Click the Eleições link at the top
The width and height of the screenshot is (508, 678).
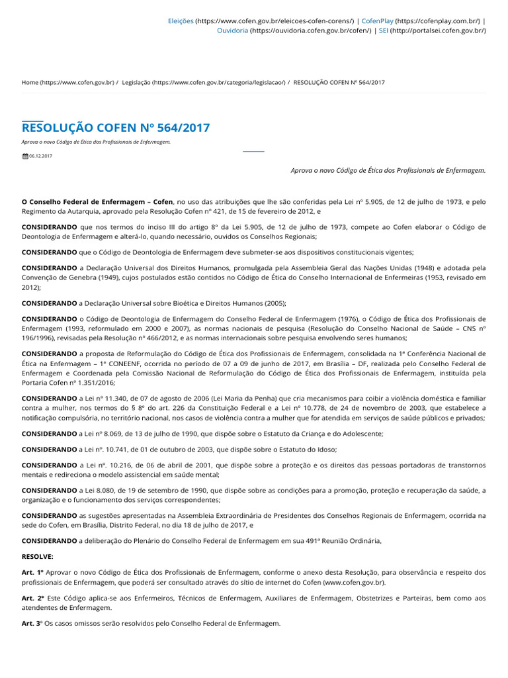181,21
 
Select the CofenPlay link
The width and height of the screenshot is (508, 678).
377,21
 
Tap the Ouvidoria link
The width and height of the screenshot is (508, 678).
233,30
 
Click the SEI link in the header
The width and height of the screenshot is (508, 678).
383,30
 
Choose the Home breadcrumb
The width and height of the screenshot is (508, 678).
30,82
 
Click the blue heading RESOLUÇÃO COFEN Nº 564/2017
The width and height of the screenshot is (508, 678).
116,128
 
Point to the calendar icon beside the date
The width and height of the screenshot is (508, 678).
25,156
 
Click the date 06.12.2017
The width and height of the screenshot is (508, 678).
40,156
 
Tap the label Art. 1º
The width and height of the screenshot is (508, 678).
32,572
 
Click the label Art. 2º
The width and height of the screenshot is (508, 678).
32,598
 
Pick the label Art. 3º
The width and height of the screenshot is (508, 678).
32,624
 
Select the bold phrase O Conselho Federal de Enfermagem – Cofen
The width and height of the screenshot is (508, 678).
97,201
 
